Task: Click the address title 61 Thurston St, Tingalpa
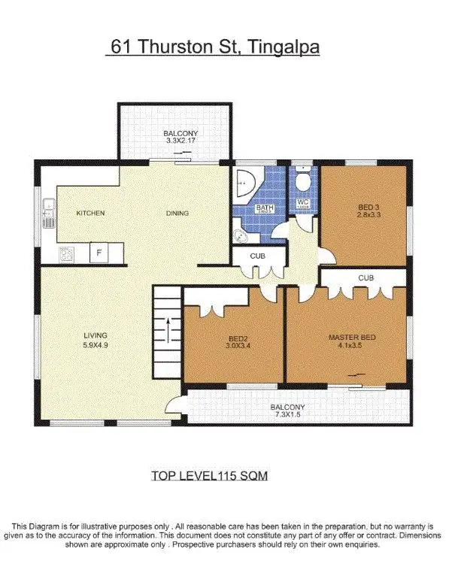tap(214, 47)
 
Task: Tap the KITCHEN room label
tap(90, 214)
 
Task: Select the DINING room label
tap(177, 214)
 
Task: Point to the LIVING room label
tap(96, 335)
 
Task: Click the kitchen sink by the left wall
tap(47, 212)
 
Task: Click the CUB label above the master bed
tap(366, 277)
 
